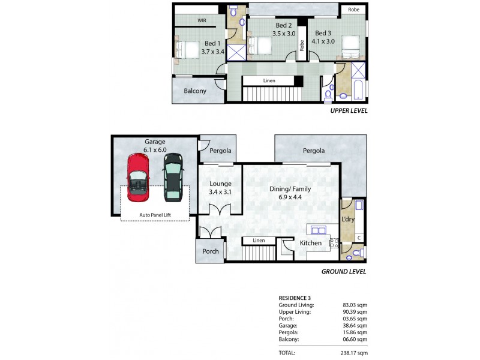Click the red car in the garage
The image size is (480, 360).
pyautogui.click(x=138, y=178)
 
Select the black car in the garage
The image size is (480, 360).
pyautogui.click(x=173, y=178)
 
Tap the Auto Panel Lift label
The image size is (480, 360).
pyautogui.click(x=155, y=215)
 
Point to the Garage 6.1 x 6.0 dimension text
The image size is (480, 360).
pyautogui.click(x=155, y=150)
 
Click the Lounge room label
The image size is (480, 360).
pyautogui.click(x=220, y=184)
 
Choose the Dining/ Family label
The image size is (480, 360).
pyautogui.click(x=290, y=189)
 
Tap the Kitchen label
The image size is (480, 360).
pyautogui.click(x=311, y=243)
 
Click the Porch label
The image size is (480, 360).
pyautogui.click(x=211, y=251)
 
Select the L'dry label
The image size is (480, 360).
pyautogui.click(x=348, y=219)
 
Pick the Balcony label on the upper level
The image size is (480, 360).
pyautogui.click(x=195, y=91)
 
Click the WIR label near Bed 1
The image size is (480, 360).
pyautogui.click(x=202, y=20)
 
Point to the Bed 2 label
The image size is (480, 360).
pyautogui.click(x=284, y=25)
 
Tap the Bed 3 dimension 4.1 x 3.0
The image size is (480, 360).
pyautogui.click(x=323, y=41)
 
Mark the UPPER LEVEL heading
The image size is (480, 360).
pyautogui.click(x=349, y=111)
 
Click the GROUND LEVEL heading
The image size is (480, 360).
pyautogui.click(x=344, y=272)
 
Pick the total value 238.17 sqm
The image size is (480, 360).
pyautogui.click(x=354, y=353)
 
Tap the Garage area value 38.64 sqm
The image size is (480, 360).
pyautogui.click(x=355, y=326)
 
